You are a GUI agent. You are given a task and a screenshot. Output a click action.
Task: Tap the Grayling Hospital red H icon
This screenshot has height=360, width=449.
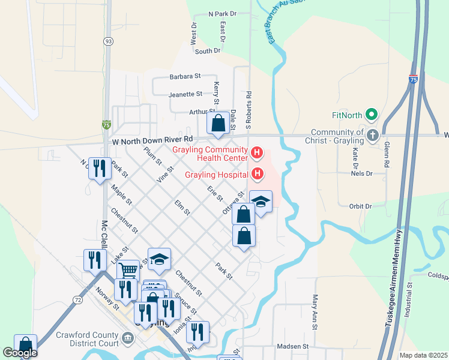(x=257, y=175)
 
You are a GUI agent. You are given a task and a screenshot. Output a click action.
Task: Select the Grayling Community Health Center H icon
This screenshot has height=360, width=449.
(x=257, y=154)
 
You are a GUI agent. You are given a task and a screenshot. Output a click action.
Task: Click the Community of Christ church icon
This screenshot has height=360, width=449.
(x=373, y=135)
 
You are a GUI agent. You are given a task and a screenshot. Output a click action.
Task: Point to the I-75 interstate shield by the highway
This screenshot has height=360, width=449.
(x=412, y=79)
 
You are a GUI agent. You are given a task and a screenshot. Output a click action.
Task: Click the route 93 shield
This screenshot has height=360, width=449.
(x=108, y=41)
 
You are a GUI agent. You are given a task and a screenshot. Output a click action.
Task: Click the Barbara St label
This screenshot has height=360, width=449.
(x=185, y=76)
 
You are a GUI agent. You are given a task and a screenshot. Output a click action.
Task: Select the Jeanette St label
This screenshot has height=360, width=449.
(x=185, y=94)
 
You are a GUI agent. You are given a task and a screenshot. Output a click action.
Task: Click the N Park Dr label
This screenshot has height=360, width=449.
(x=222, y=13)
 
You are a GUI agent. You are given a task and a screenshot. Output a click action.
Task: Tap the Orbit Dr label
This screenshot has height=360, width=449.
(x=361, y=206)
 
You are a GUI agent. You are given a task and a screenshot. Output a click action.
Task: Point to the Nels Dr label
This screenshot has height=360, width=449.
(x=362, y=173)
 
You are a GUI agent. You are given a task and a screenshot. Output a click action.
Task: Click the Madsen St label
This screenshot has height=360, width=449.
(x=292, y=346)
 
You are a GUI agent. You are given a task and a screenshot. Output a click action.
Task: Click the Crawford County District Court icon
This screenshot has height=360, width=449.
(x=127, y=338)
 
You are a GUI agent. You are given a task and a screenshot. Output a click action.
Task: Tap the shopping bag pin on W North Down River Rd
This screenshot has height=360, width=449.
(x=218, y=124)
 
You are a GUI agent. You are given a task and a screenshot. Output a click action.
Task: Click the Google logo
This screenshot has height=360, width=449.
(x=20, y=353)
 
